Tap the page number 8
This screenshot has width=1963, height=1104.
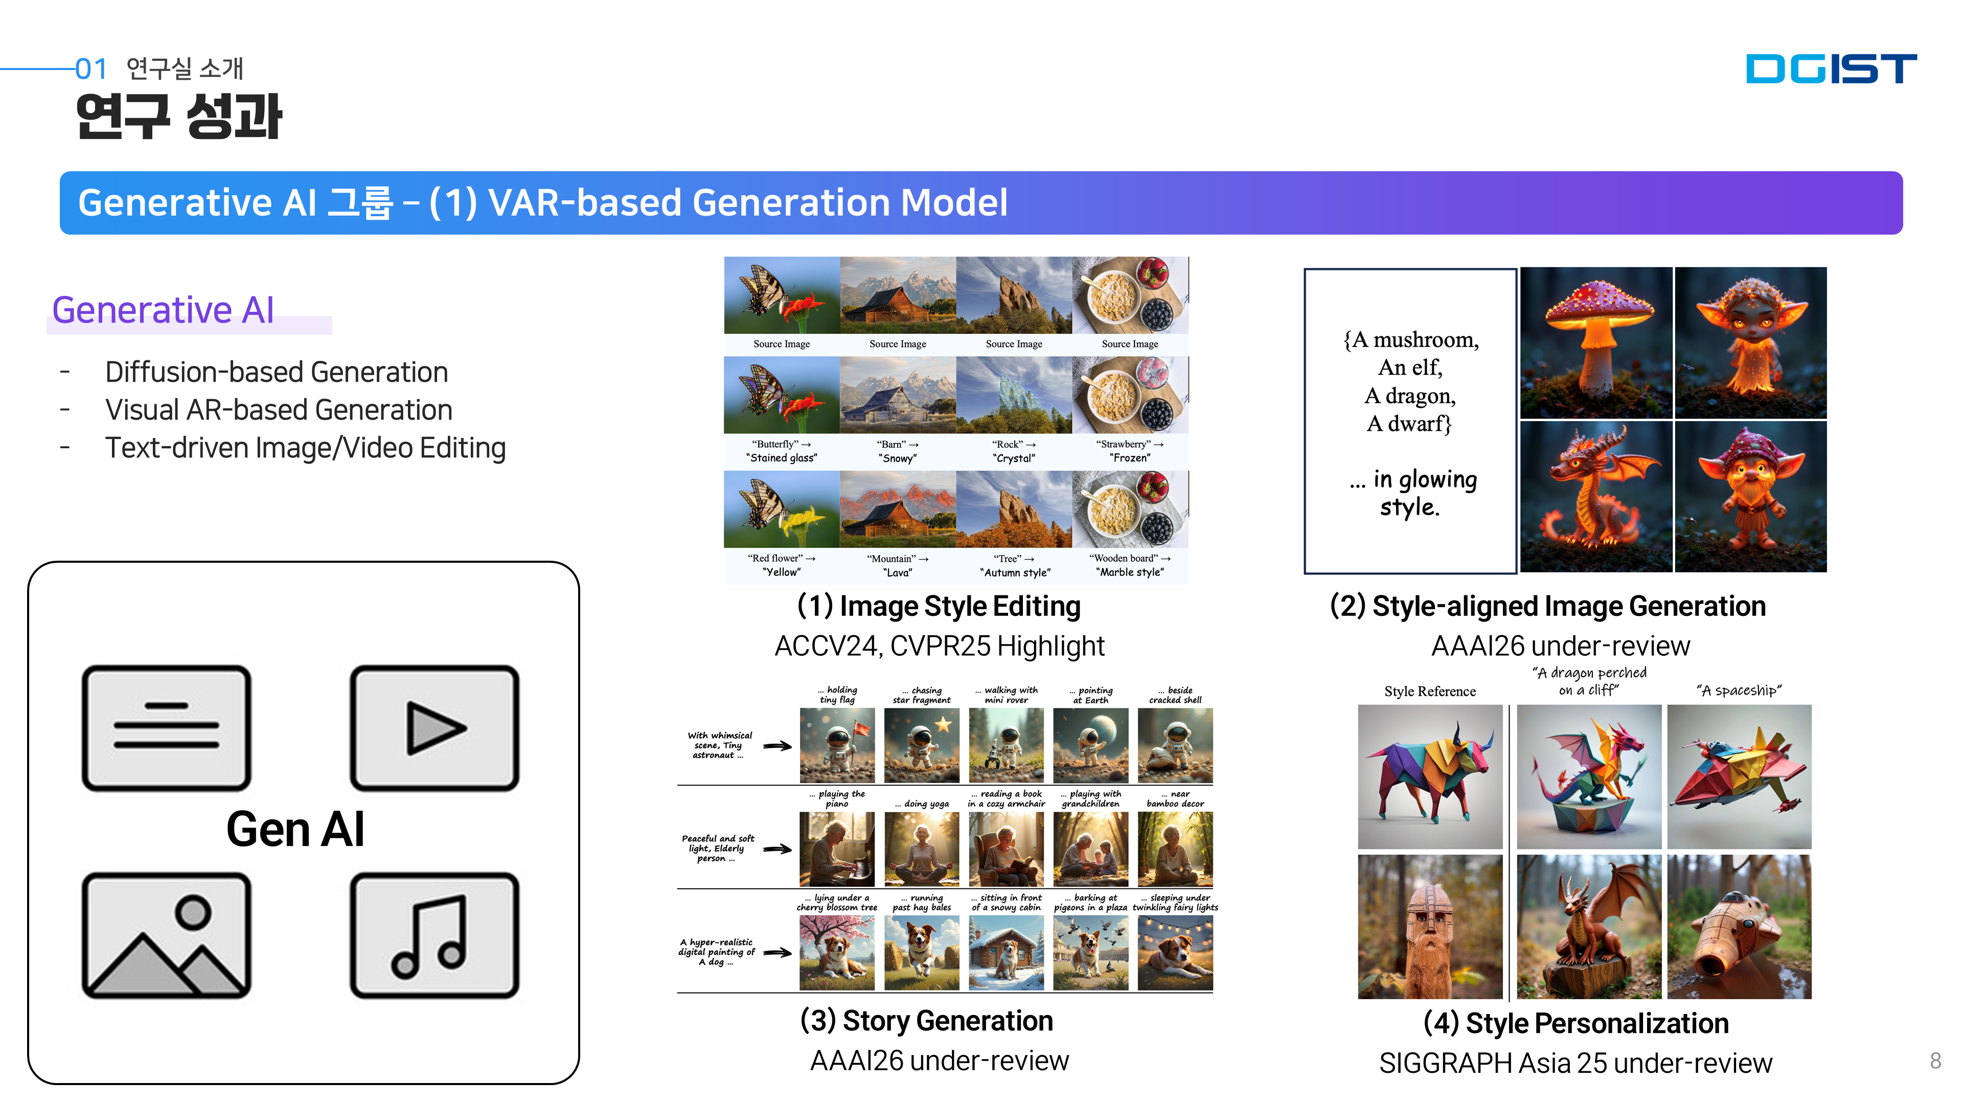(1935, 1060)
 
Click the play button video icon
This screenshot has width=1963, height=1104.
(435, 728)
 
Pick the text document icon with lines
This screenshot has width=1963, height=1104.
(166, 728)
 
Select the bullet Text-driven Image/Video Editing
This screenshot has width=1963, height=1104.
(305, 448)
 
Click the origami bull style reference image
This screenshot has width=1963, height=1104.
(1430, 776)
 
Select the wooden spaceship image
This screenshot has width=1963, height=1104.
(1739, 927)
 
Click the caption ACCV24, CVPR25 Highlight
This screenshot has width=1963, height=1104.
(939, 646)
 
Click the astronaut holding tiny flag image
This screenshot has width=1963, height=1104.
(837, 745)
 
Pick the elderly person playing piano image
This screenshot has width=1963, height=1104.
(837, 849)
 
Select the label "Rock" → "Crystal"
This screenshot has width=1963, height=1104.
(1014, 451)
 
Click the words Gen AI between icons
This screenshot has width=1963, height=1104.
(295, 829)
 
